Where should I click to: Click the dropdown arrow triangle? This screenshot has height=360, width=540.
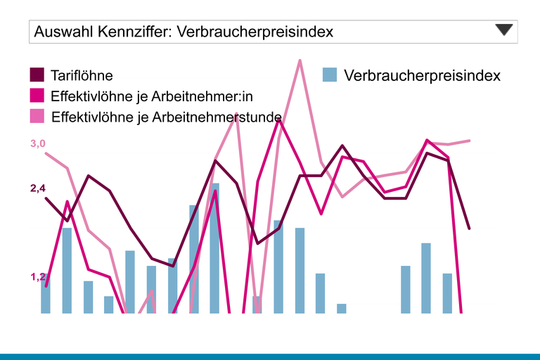point(505,30)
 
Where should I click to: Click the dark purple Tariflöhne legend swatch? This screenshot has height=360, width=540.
point(37,75)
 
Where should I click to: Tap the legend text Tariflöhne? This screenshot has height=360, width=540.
point(82,75)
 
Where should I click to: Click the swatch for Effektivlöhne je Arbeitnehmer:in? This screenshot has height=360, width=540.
point(37,95)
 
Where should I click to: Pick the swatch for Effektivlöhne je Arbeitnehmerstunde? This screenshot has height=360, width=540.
point(37,115)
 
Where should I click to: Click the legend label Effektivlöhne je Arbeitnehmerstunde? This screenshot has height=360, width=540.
point(167,116)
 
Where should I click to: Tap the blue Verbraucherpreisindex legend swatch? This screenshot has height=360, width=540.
point(330,75)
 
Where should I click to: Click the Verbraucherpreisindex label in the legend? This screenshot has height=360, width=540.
point(422,75)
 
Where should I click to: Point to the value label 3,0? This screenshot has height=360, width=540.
point(37,144)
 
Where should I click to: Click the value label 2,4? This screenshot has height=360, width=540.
point(37,188)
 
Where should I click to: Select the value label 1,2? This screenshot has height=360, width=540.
point(37,277)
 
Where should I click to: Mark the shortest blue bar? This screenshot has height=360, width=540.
point(342,308)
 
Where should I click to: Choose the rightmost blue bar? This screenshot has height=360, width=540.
point(447,292)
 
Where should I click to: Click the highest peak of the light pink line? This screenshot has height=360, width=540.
point(300,60)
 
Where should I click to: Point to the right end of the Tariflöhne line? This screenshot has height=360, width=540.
point(469,229)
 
